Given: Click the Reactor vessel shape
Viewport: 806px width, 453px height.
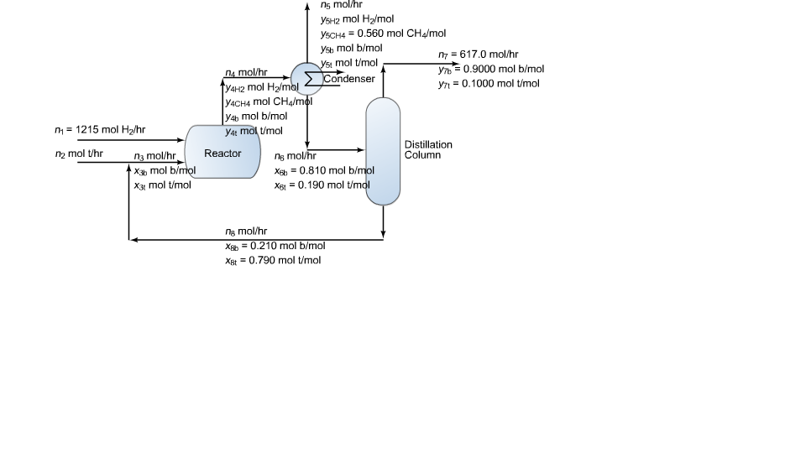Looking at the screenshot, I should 222,152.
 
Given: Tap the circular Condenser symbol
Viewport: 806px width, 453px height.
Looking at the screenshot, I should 307,78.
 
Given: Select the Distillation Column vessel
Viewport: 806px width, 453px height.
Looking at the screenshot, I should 383,152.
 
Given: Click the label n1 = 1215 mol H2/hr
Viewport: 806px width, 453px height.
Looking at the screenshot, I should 100,130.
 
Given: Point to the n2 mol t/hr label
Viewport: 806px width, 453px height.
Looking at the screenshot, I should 79,154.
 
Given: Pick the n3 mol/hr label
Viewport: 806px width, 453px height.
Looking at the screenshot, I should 154,156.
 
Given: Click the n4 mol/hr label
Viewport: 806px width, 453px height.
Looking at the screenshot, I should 246,73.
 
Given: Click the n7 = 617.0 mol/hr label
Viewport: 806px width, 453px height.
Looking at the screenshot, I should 479,55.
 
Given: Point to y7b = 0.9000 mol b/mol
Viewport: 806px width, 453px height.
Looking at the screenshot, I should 491,70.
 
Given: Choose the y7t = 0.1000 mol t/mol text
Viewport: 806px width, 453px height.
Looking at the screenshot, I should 489,84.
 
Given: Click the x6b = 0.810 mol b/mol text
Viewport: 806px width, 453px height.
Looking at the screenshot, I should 324,170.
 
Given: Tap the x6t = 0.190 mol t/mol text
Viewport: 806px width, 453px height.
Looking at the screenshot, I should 322,185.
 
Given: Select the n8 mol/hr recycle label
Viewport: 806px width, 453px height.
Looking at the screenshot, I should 246,231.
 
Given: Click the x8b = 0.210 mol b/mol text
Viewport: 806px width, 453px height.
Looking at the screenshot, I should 275,246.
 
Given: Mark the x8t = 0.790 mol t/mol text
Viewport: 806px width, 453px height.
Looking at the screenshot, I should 273,260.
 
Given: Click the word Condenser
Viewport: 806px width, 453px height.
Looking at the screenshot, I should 349,79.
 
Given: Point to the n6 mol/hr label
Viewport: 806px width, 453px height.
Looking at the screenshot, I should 295,156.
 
